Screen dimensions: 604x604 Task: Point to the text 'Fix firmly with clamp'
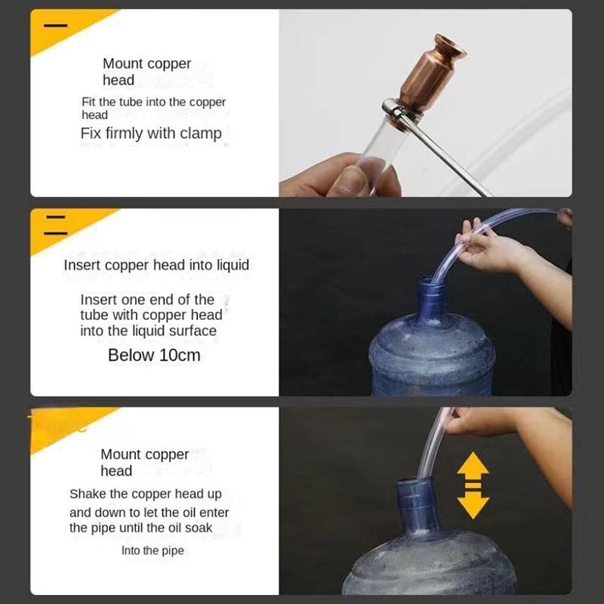pos(151,134)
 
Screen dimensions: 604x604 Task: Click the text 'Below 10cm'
pos(154,355)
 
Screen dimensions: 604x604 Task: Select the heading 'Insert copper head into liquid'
pos(156,265)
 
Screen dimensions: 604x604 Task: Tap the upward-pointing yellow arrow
pos(473,464)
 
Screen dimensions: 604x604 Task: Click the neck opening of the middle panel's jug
pos(430,279)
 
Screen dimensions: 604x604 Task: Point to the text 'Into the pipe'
pos(153,550)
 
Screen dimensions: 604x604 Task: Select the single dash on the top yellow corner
pos(55,26)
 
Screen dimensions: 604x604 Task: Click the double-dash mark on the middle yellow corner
pos(55,225)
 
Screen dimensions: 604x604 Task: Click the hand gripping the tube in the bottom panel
pos(482,422)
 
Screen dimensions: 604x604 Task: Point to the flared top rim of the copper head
pos(450,45)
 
